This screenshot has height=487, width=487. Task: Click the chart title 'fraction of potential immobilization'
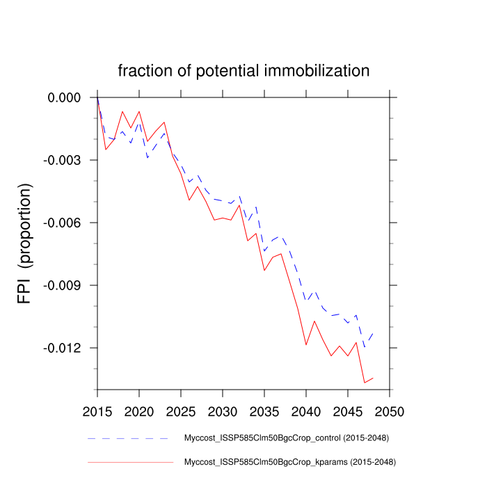click(243, 70)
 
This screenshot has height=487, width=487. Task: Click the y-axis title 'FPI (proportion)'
click(24, 243)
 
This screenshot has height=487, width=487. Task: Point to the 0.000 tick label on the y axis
click(64, 97)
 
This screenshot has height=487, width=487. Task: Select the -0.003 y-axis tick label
click(63, 160)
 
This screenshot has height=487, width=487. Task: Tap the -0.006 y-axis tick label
click(63, 223)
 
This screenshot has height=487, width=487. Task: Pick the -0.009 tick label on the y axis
click(63, 285)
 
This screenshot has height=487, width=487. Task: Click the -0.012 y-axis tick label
click(63, 348)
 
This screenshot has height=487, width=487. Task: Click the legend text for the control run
click(285, 438)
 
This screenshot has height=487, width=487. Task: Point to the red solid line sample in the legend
click(130, 461)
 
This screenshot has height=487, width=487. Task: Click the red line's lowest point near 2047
click(365, 383)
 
